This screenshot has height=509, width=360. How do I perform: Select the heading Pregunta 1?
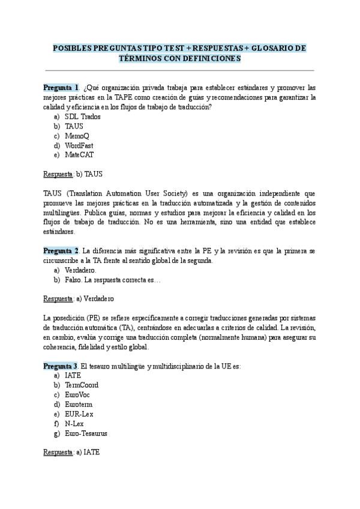point(61,88)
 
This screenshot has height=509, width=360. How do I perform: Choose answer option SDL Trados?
point(82,116)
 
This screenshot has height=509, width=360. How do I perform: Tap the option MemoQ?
point(78,136)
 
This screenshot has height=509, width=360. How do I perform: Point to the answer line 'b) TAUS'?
point(73,174)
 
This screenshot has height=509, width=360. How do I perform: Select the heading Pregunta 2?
point(61,250)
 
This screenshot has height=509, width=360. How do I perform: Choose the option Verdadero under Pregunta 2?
point(80,270)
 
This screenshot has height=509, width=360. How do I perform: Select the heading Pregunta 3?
point(61,366)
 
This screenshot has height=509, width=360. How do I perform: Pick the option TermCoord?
point(82,385)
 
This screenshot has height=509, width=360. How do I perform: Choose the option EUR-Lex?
point(79,414)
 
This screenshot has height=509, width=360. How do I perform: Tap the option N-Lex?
point(74,423)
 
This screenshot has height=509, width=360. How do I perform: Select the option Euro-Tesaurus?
point(86,433)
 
